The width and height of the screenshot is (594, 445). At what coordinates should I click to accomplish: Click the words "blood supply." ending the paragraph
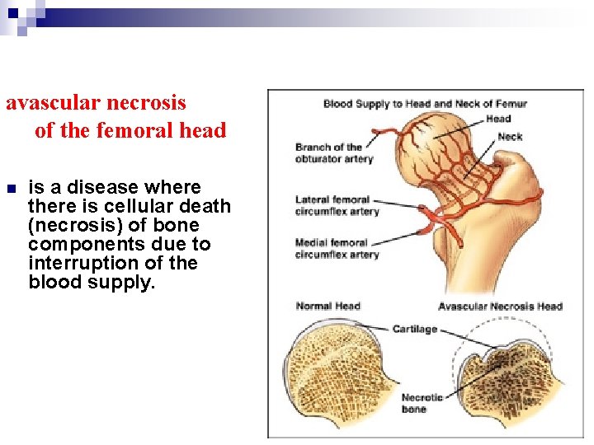tap(92, 282)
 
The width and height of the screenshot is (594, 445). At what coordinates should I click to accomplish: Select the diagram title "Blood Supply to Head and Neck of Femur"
tap(425, 104)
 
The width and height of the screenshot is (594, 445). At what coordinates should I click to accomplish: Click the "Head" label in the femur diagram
tap(498, 119)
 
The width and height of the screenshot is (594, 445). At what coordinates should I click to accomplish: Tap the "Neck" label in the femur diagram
tap(510, 137)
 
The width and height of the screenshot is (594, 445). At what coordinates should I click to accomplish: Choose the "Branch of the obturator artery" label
tap(334, 152)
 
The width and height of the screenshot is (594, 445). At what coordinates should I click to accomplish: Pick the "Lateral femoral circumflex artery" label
tap(337, 205)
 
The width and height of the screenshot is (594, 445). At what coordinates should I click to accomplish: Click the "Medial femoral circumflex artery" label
tap(337, 248)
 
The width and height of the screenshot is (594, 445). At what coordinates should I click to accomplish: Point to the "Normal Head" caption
tap(328, 307)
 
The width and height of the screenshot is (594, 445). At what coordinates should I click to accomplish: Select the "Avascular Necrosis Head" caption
tap(499, 307)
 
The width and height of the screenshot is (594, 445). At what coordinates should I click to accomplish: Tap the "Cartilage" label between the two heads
tap(414, 329)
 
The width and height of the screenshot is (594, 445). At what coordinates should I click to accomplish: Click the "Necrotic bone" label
tap(422, 403)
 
